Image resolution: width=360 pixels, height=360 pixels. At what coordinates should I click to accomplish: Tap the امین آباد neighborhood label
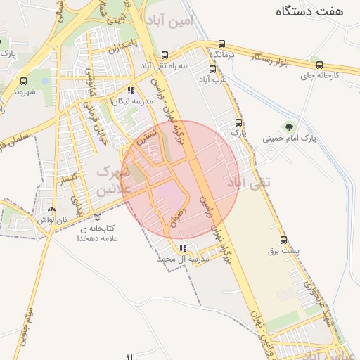(x=170, y=20)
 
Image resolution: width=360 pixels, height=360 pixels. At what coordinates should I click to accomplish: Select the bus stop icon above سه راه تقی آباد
(x=165, y=55)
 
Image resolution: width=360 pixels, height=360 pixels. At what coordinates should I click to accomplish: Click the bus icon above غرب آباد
(x=212, y=69)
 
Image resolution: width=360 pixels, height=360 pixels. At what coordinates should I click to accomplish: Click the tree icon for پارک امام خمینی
(x=288, y=127)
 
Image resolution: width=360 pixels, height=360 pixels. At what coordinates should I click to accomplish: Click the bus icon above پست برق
(x=283, y=240)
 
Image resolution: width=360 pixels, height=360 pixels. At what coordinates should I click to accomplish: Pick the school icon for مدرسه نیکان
(x=131, y=90)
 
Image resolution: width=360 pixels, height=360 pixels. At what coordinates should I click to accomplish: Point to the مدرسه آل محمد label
(x=184, y=259)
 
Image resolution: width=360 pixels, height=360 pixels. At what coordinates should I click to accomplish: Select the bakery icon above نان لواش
(x=51, y=209)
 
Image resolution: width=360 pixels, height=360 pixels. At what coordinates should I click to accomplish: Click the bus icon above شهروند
(x=24, y=81)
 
